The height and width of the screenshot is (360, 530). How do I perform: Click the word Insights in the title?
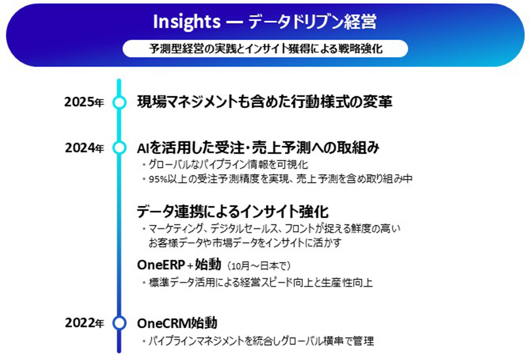pyautogui.click(x=187, y=22)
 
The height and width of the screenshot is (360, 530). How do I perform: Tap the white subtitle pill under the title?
pyautogui.click(x=265, y=48)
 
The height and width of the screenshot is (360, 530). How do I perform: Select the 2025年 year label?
pyautogui.click(x=84, y=101)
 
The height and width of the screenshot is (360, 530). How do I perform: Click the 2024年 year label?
pyautogui.click(x=84, y=147)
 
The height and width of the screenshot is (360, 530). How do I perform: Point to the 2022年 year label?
pyautogui.click(x=84, y=323)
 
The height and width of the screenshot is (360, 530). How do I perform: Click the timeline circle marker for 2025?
pyautogui.click(x=119, y=102)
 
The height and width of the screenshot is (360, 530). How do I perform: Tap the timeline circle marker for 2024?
pyautogui.click(x=119, y=147)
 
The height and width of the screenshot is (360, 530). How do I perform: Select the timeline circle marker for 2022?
pyautogui.click(x=119, y=323)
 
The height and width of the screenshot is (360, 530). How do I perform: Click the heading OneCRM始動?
pyautogui.click(x=177, y=323)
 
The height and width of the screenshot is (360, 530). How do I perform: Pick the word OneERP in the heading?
pyautogui.click(x=161, y=265)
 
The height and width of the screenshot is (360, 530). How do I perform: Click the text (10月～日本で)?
pyautogui.click(x=259, y=266)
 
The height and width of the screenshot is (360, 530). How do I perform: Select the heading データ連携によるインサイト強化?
pyautogui.click(x=233, y=211)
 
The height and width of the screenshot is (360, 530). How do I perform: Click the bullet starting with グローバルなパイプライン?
pyautogui.click(x=225, y=164)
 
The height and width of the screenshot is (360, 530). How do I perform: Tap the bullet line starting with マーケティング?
pyautogui.click(x=271, y=228)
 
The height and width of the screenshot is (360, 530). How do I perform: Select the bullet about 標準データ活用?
pyautogui.click(x=257, y=282)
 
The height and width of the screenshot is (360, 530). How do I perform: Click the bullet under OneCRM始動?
pyautogui.click(x=258, y=341)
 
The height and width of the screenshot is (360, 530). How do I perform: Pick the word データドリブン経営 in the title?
pyautogui.click(x=312, y=22)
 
